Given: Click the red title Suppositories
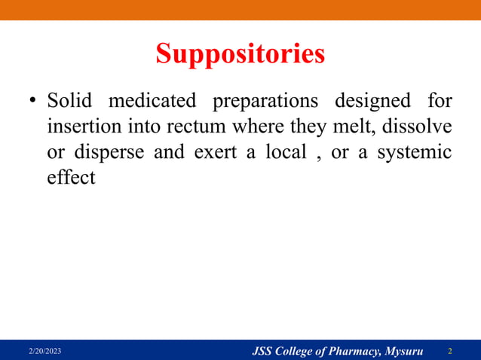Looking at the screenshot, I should click(x=240, y=54).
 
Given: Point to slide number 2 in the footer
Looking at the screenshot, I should click(x=450, y=351).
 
